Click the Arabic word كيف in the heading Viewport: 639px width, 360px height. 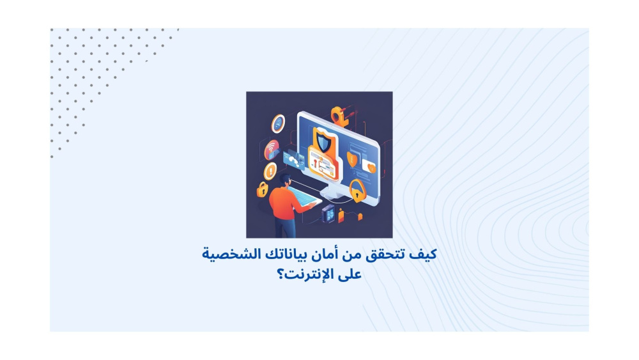point(423,254)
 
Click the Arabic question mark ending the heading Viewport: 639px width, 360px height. point(281,274)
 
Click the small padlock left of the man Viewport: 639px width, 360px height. point(262,189)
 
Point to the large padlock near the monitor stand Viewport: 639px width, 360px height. point(357,191)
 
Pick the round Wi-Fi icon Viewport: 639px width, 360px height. point(272,150)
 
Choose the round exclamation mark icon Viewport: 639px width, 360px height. point(270,171)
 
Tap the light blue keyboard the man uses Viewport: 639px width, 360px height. point(304,196)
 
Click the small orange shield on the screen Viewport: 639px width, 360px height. point(351,159)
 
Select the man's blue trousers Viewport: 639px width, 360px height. point(286,228)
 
